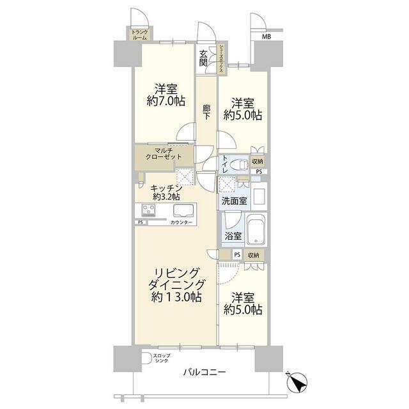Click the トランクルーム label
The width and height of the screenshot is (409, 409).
pyautogui.click(x=139, y=35)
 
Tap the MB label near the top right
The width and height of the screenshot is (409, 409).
pyautogui.click(x=266, y=37)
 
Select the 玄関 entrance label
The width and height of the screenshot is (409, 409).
pyautogui.click(x=203, y=58)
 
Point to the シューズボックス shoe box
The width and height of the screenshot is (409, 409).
pyautogui.click(x=221, y=59)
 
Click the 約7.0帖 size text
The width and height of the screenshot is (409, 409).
pyautogui.click(x=166, y=101)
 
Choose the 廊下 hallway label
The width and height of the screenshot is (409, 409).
pyautogui.click(x=206, y=112)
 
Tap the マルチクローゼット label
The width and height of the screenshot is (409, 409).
pyautogui.click(x=164, y=153)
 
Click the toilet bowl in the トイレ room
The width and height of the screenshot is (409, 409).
pyautogui.click(x=240, y=165)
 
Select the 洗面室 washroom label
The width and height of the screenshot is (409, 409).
pyautogui.click(x=235, y=201)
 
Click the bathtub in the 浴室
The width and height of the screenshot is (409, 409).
pyautogui.click(x=257, y=229)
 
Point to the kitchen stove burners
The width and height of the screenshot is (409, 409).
pyautogui.click(x=148, y=210)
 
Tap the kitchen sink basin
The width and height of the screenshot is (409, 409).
pyautogui.click(x=183, y=210)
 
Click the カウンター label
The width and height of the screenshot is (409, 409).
pyautogui.click(x=181, y=222)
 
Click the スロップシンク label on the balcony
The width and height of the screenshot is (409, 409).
pyautogui.click(x=162, y=358)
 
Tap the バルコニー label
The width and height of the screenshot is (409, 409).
pyautogui.click(x=204, y=372)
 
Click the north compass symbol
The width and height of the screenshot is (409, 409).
pyautogui.click(x=297, y=382)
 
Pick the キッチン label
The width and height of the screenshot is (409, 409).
pyautogui.click(x=166, y=188)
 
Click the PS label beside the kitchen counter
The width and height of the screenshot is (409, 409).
pyautogui.click(x=141, y=222)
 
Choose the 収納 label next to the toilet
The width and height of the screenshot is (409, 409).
pyautogui.click(x=257, y=162)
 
